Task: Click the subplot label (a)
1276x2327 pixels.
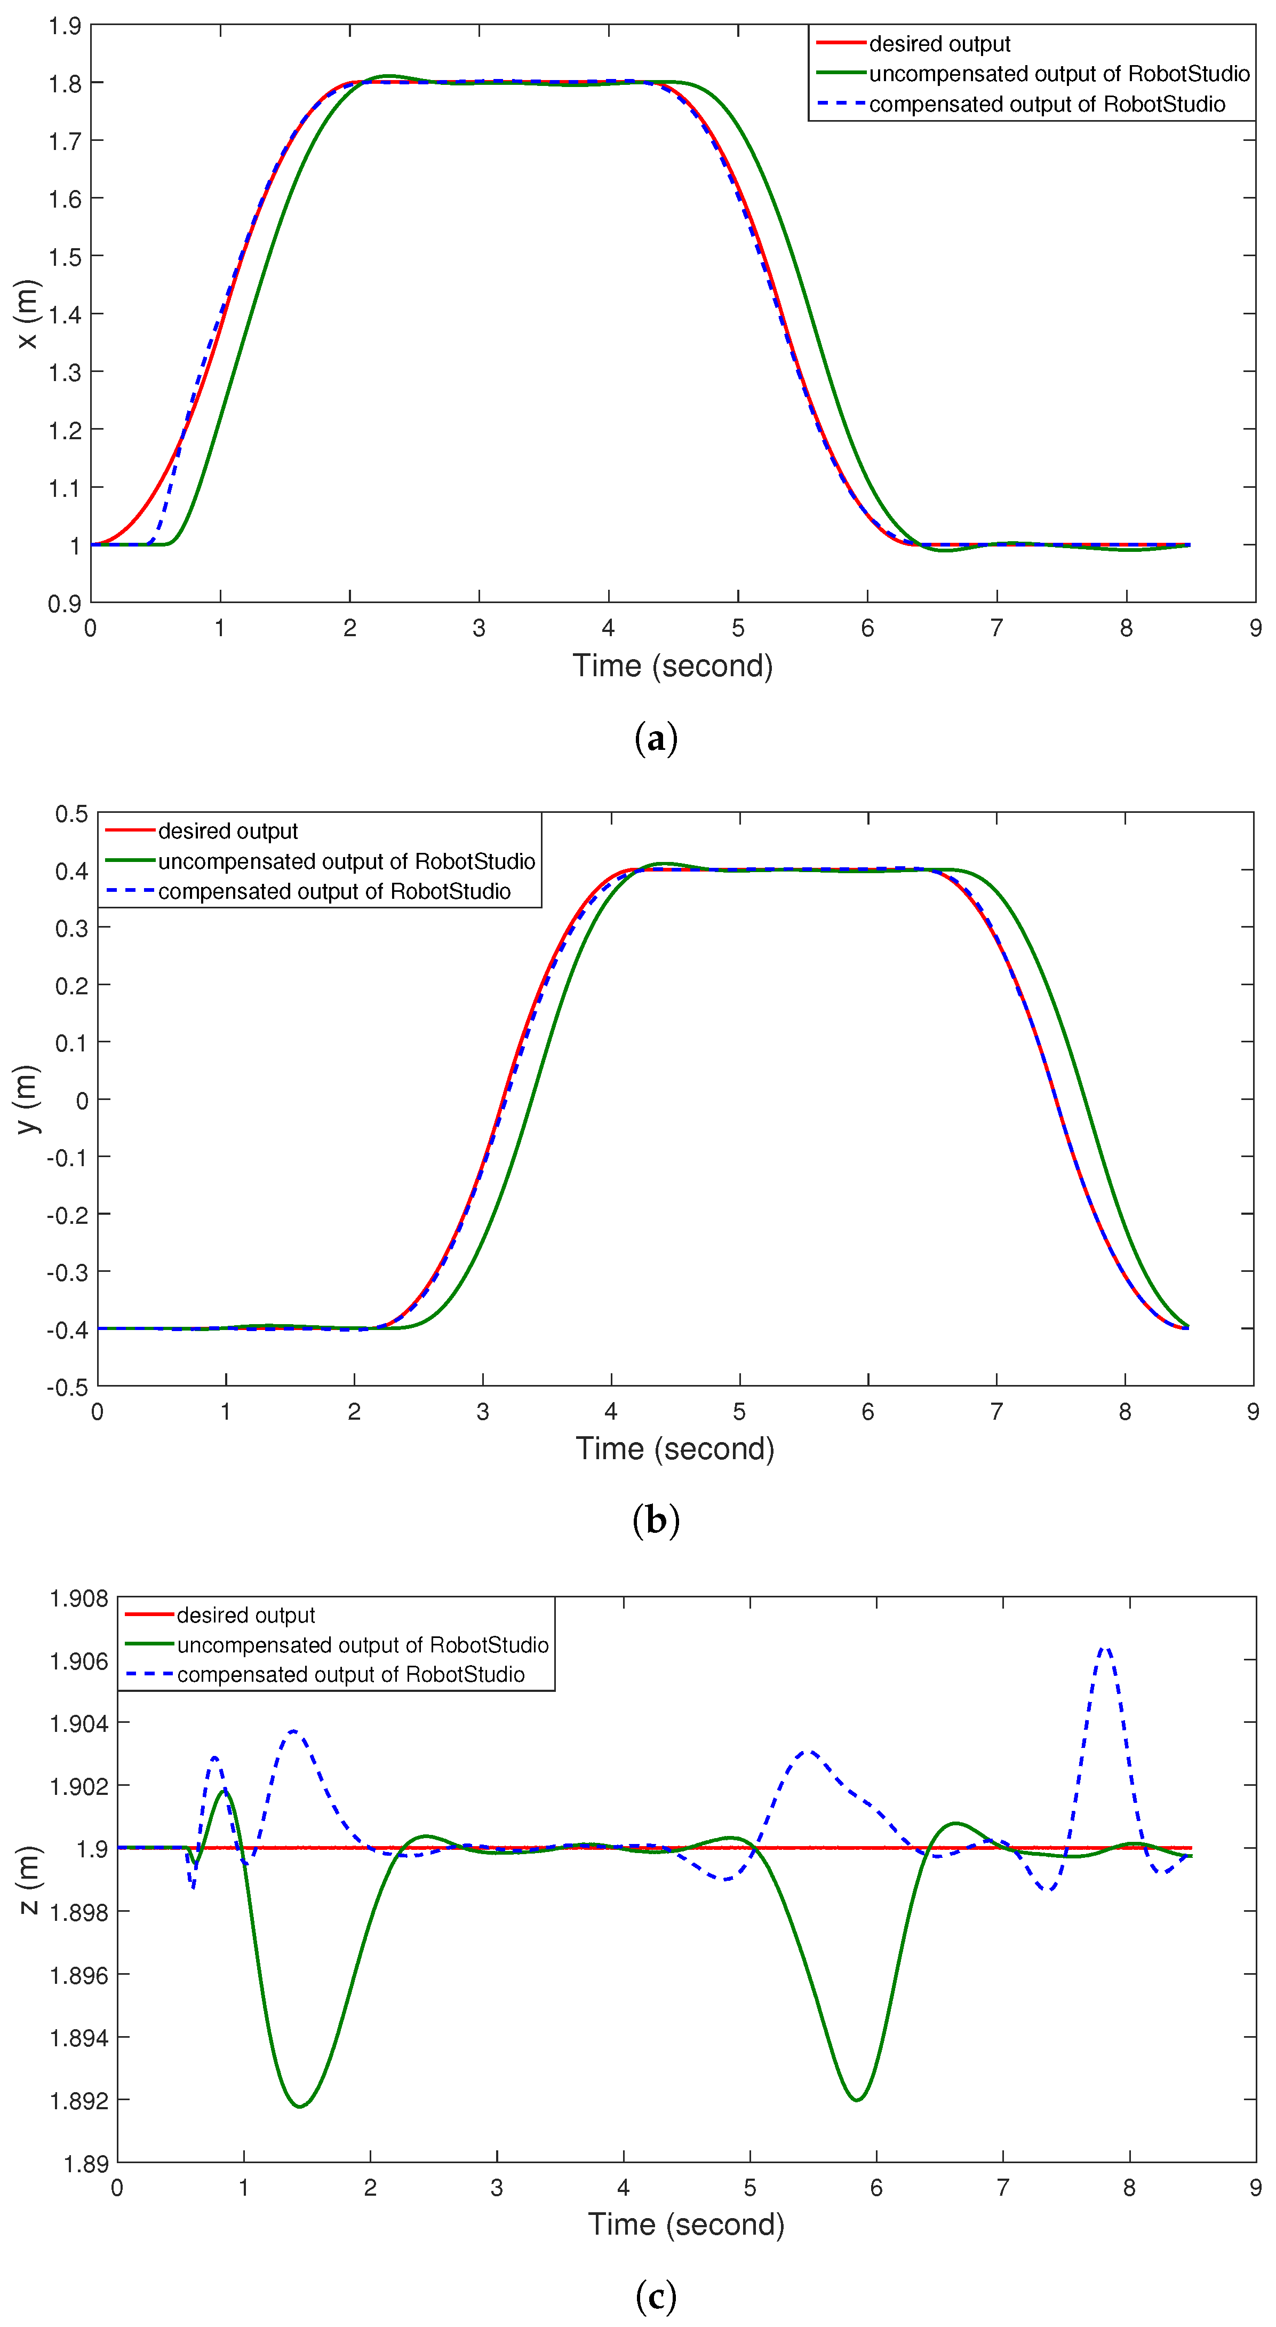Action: (x=656, y=739)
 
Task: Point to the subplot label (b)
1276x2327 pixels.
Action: (x=656, y=1521)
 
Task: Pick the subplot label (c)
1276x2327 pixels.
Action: (x=656, y=2296)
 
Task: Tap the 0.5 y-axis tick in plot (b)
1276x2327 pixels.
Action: (x=71, y=814)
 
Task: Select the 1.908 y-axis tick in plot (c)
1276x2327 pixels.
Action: (x=78, y=1599)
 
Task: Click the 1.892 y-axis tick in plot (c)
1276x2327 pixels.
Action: (x=78, y=2100)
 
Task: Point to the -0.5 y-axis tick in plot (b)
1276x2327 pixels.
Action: (x=68, y=1387)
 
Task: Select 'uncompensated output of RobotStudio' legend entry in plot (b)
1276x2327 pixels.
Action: (x=346, y=861)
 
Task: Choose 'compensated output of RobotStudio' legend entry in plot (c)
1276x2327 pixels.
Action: (x=350, y=1674)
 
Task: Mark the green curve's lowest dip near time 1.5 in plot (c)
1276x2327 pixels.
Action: (x=300, y=2106)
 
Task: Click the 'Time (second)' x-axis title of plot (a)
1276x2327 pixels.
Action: (x=673, y=666)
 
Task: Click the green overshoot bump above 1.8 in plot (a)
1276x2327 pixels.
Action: (x=388, y=76)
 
